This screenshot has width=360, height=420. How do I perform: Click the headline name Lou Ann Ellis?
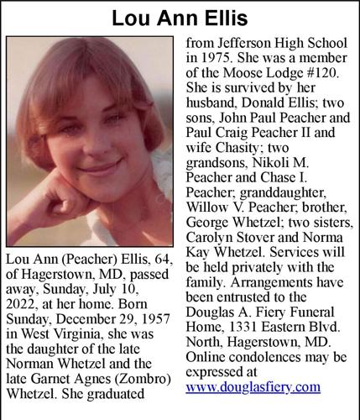[180, 17]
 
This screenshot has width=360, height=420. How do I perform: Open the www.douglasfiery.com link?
[253, 387]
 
